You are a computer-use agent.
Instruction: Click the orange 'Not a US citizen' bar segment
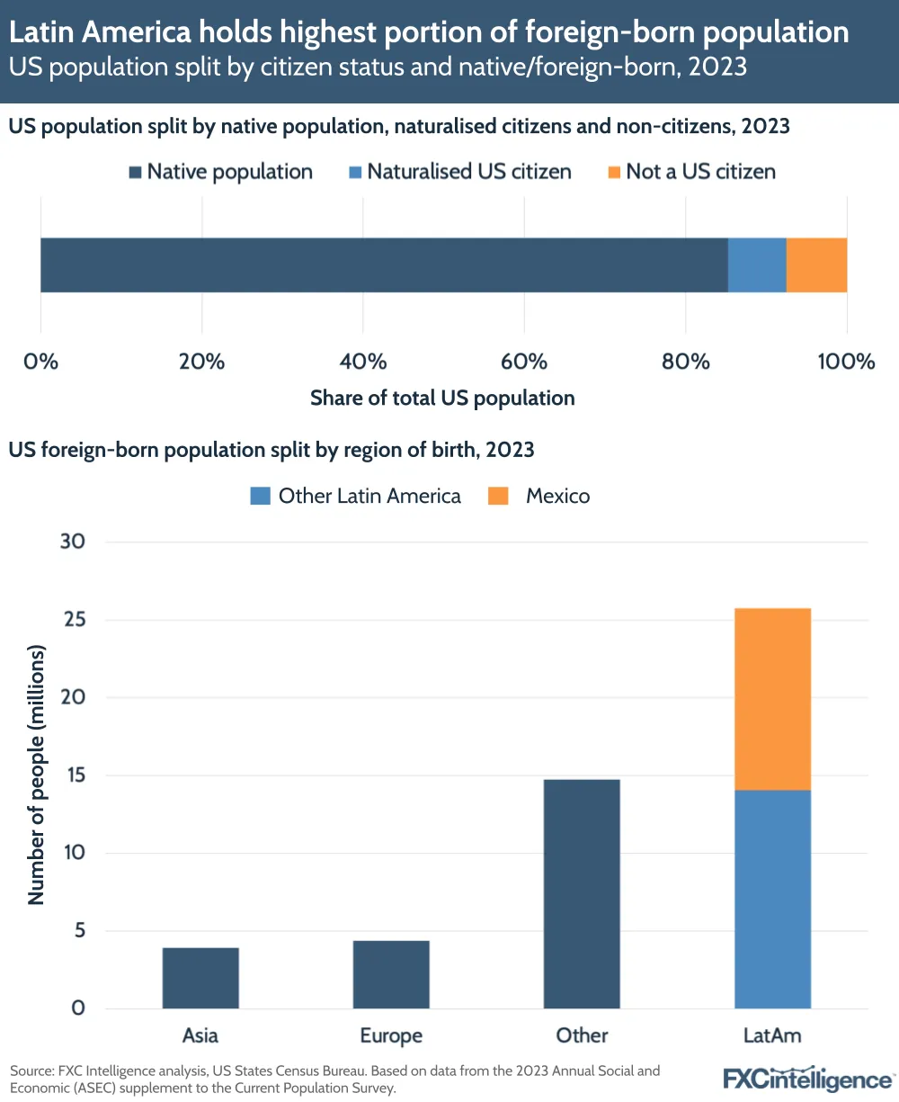[816, 265]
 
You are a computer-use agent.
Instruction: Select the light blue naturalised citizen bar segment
[757, 265]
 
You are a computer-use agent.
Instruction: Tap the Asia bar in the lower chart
[200, 978]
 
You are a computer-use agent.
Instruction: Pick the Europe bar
[391, 974]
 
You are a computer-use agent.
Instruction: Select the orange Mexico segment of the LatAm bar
[772, 699]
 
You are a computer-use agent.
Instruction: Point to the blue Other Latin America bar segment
[772, 899]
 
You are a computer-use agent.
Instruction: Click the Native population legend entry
[221, 172]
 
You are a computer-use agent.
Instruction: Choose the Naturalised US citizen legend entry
[459, 172]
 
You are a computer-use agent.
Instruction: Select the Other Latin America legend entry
[356, 496]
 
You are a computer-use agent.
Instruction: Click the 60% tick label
[524, 362]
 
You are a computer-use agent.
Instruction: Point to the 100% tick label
[846, 362]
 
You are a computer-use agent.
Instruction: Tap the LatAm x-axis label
[772, 1035]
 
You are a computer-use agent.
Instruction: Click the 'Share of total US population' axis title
[442, 398]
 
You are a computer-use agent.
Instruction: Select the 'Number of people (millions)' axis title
[36, 774]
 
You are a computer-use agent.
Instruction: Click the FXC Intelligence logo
[808, 1079]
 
